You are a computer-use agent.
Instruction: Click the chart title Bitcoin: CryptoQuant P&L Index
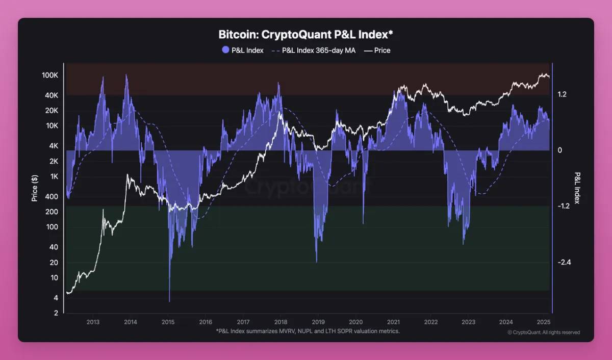tap(305, 35)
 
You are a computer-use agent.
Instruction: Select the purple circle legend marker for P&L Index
tap(226, 50)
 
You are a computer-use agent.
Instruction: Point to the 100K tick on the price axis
tap(50, 75)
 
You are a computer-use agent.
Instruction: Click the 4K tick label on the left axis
tap(54, 146)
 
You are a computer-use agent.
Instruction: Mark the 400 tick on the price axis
tap(52, 197)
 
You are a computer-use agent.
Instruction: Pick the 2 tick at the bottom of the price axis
tap(56, 313)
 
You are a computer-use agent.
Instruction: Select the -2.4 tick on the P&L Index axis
tap(564, 262)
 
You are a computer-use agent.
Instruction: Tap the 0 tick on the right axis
tap(559, 150)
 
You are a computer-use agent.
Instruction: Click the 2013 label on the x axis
tap(93, 322)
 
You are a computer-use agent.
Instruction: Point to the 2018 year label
tap(280, 322)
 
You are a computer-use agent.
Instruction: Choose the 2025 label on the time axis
tap(543, 322)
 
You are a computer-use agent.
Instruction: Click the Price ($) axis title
tap(35, 188)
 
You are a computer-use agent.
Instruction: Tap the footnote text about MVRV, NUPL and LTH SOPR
tap(308, 331)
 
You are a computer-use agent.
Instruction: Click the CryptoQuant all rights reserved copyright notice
tap(544, 332)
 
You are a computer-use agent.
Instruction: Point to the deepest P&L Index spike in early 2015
tap(169, 300)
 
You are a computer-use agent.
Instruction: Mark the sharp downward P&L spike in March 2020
tap(363, 222)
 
